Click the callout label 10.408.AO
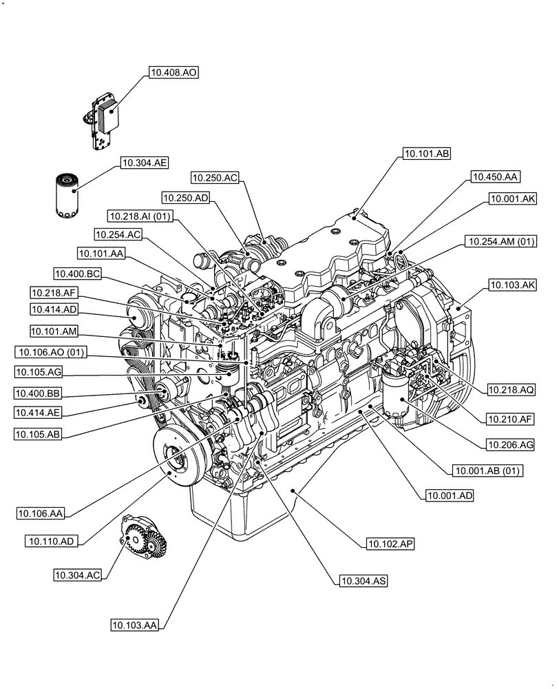(x=173, y=72)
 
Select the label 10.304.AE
(x=145, y=163)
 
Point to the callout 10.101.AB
(x=426, y=154)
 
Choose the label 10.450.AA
(x=495, y=177)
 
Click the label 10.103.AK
(x=512, y=284)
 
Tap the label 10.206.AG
(x=510, y=445)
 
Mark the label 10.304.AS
(x=362, y=582)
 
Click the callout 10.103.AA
(x=135, y=626)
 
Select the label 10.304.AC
(x=77, y=573)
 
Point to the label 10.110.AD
(x=52, y=542)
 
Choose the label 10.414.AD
(x=54, y=309)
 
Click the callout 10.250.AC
(x=215, y=178)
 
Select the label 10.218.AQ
(x=511, y=390)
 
